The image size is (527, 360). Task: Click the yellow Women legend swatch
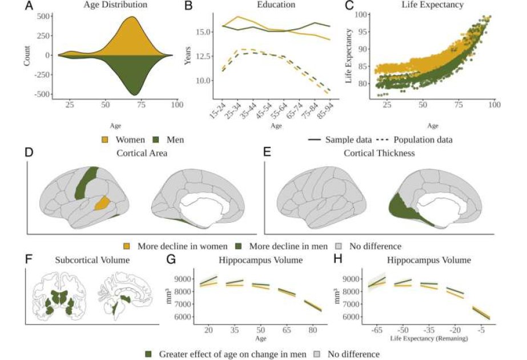point(106,139)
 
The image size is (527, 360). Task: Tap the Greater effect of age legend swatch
point(150,354)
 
